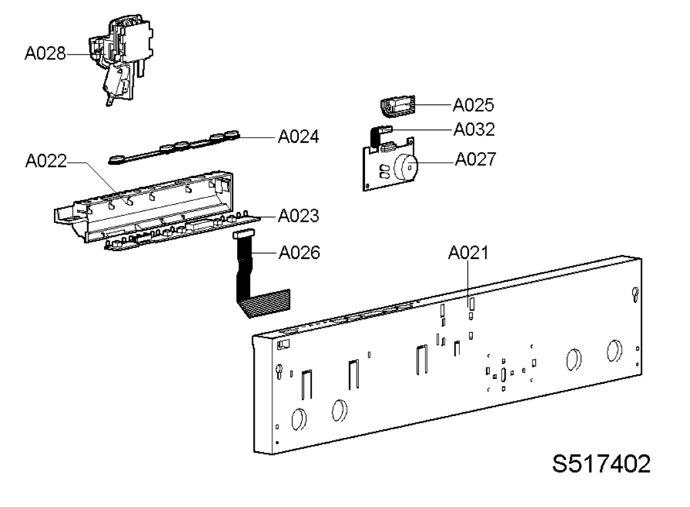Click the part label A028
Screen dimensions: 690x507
pyautogui.click(x=45, y=53)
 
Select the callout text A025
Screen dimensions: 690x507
pyautogui.click(x=473, y=105)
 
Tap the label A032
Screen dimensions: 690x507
pyautogui.click(x=474, y=129)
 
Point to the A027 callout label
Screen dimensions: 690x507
pyautogui.click(x=475, y=159)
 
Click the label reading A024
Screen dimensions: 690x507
pyautogui.click(x=299, y=136)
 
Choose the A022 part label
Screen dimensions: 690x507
pyautogui.click(x=46, y=161)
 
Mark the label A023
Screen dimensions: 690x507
pyautogui.click(x=299, y=216)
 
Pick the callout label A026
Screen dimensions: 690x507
pyautogui.click(x=299, y=253)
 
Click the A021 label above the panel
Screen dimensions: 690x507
pyautogui.click(x=468, y=253)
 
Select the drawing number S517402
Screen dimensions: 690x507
pyautogui.click(x=601, y=464)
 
